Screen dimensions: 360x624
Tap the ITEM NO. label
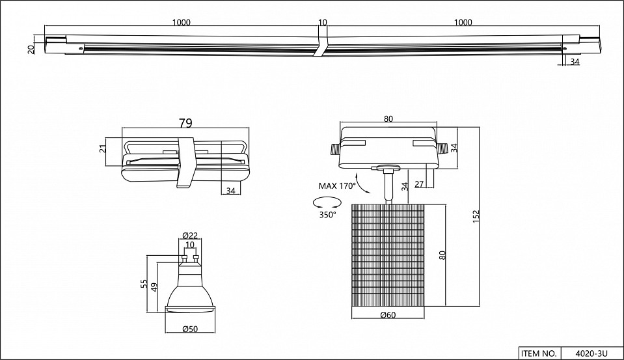tap(538, 353)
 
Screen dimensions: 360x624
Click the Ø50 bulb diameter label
tap(190, 328)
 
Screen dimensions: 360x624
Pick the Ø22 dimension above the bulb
tap(190, 236)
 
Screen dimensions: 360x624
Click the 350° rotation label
tap(327, 215)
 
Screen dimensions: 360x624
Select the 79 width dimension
tap(187, 122)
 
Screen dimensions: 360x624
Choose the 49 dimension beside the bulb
tap(155, 286)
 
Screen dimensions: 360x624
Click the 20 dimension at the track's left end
tap(31, 49)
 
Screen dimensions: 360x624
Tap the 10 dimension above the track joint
tap(322, 22)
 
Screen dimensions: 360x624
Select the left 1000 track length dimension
tap(182, 22)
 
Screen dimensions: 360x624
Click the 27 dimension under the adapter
tap(419, 185)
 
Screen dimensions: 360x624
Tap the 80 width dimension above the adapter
tap(388, 118)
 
